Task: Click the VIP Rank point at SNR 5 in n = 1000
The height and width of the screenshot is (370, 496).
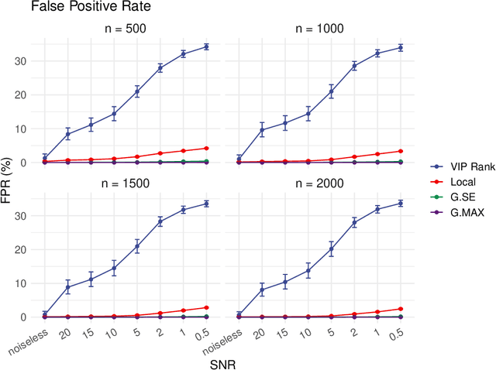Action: pyautogui.click(x=332, y=91)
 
